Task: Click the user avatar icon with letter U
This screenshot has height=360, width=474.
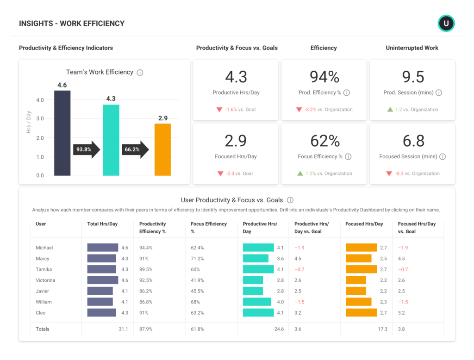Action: point(446,23)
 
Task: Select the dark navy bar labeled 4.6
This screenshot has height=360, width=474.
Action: point(62,133)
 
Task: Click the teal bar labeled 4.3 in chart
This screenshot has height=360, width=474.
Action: point(111,140)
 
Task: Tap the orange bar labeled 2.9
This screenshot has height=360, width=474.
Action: point(162,149)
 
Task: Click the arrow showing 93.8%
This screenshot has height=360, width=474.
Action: point(87,149)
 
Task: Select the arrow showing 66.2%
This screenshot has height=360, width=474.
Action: point(135,149)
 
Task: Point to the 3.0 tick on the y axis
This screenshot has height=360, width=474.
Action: point(40,119)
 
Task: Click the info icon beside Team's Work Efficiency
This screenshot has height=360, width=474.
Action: point(140,73)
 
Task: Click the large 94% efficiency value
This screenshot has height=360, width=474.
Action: point(324,77)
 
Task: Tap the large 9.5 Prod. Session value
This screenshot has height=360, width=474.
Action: point(412,77)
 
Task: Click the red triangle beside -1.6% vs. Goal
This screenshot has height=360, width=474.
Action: point(219,110)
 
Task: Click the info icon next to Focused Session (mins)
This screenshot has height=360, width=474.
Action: point(443,157)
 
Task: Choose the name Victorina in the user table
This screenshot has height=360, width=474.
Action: point(45,280)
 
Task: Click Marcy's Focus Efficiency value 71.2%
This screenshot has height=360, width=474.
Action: point(198,259)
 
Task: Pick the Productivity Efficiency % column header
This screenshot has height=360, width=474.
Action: point(153,228)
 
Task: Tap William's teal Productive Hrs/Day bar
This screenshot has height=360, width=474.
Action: point(257,302)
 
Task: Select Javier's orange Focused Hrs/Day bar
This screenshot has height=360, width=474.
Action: point(356,291)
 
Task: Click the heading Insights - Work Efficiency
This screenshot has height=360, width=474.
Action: point(72,24)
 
